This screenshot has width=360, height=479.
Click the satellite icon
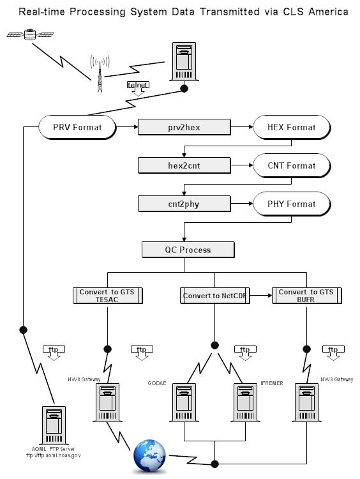click(x=30, y=34)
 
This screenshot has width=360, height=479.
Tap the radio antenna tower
click(x=100, y=73)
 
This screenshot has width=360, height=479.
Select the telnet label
click(x=138, y=85)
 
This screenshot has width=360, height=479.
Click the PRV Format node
click(x=77, y=127)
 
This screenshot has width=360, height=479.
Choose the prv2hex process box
click(x=184, y=127)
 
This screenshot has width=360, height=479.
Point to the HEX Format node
click(x=292, y=127)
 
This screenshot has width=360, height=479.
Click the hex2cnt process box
click(x=184, y=165)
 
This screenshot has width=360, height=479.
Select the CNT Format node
click(x=292, y=165)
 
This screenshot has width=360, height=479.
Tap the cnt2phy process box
click(x=184, y=204)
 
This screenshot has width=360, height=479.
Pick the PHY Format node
click(x=292, y=204)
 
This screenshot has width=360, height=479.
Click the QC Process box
click(x=188, y=250)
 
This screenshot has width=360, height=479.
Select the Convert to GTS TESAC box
click(x=107, y=296)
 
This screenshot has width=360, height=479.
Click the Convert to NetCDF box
click(x=214, y=296)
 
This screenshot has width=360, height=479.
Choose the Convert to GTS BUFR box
click(x=306, y=296)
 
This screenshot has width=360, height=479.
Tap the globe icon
click(x=149, y=456)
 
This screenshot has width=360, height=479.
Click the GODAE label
click(x=157, y=383)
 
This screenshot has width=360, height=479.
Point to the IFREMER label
click(x=272, y=383)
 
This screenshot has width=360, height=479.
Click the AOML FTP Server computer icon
click(x=54, y=425)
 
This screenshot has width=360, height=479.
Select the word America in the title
click(x=328, y=11)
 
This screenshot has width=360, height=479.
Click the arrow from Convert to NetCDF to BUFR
click(x=261, y=296)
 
